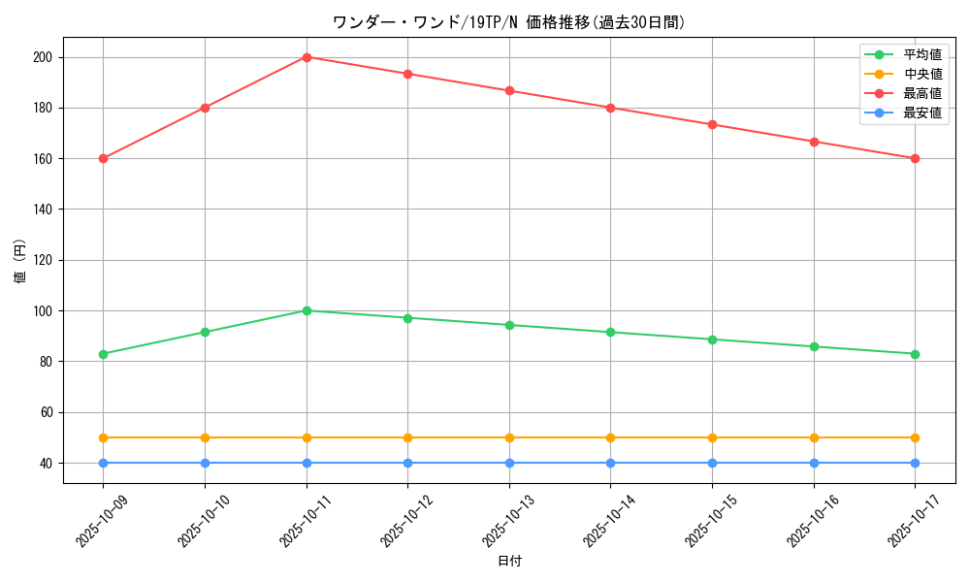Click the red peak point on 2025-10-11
307,57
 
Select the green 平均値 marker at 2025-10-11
307,310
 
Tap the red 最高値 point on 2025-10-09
104,158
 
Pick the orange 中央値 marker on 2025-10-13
509,437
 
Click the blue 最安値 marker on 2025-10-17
915,463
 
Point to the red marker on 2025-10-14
610,108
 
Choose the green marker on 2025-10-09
104,354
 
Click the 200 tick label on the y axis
42,57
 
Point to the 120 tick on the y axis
42,260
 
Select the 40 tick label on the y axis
46,463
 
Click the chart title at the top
508,22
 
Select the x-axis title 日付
509,562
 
